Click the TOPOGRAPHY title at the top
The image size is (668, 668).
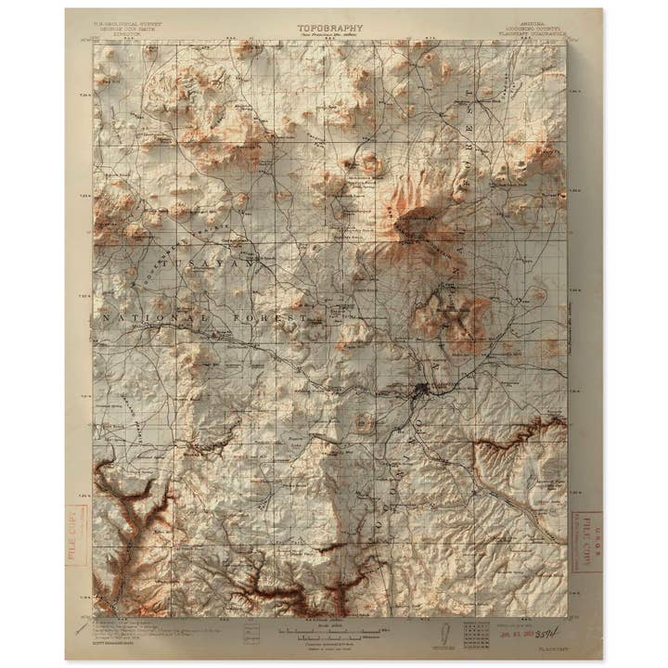330,28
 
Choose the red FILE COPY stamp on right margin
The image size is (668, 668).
587,542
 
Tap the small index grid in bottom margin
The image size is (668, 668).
476,634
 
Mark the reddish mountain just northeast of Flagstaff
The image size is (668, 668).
449,315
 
